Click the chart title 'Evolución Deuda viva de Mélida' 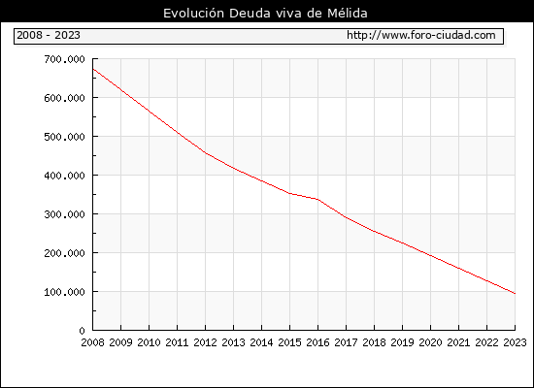click(x=265, y=14)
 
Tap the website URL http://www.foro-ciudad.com click(x=421, y=35)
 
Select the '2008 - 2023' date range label click(x=49, y=35)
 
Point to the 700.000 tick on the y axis click(x=64, y=59)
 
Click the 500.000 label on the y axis click(x=64, y=137)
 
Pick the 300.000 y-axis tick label click(x=64, y=214)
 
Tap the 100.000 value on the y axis click(x=64, y=292)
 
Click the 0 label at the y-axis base click(x=82, y=331)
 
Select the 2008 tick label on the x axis click(x=92, y=342)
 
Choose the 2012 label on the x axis click(x=206, y=342)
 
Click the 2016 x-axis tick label click(x=317, y=342)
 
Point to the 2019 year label click(x=402, y=342)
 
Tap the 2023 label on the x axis click(x=515, y=342)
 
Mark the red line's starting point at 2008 click(x=93, y=69)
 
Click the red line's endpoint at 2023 click(x=515, y=293)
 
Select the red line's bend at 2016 click(x=317, y=199)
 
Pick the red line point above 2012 click(x=206, y=153)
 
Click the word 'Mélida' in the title click(x=348, y=14)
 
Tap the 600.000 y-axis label click(x=64, y=98)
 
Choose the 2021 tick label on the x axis click(x=458, y=342)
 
